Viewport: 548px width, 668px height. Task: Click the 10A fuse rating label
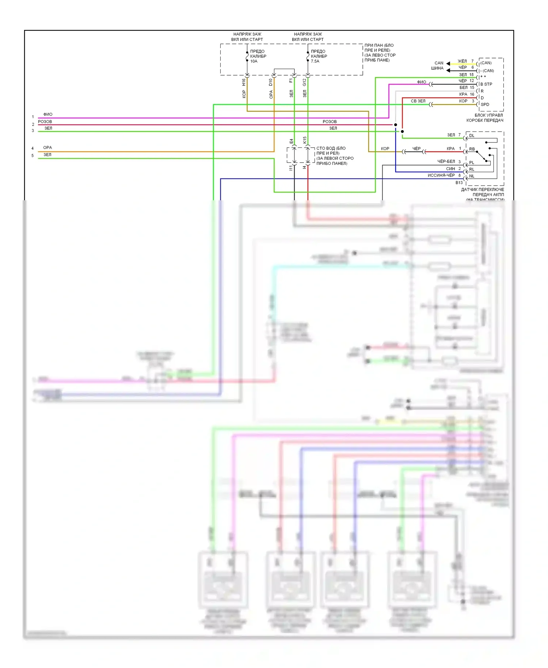point(254,61)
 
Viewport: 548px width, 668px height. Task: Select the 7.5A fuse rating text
point(315,61)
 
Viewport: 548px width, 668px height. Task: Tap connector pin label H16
point(244,83)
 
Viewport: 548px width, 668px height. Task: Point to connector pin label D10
point(271,83)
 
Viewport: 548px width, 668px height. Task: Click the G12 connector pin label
point(304,83)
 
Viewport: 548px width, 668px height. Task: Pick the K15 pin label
point(305,140)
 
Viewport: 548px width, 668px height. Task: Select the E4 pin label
point(291,141)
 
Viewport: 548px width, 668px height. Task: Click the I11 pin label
point(291,168)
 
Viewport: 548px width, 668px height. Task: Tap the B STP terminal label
point(486,84)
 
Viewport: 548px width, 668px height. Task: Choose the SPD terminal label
point(485,105)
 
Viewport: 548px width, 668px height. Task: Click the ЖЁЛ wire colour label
point(462,61)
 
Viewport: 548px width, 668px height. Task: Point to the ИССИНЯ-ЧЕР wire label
point(441,175)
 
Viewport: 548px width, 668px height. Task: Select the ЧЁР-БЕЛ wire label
point(446,162)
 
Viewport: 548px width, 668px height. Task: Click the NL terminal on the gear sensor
point(472,176)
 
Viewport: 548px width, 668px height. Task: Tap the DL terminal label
point(472,136)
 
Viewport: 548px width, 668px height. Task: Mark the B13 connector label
point(459,183)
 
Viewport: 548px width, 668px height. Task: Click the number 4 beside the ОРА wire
point(33,148)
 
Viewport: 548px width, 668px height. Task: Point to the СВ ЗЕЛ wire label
point(418,101)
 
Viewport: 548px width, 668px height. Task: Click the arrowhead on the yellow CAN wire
point(448,64)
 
